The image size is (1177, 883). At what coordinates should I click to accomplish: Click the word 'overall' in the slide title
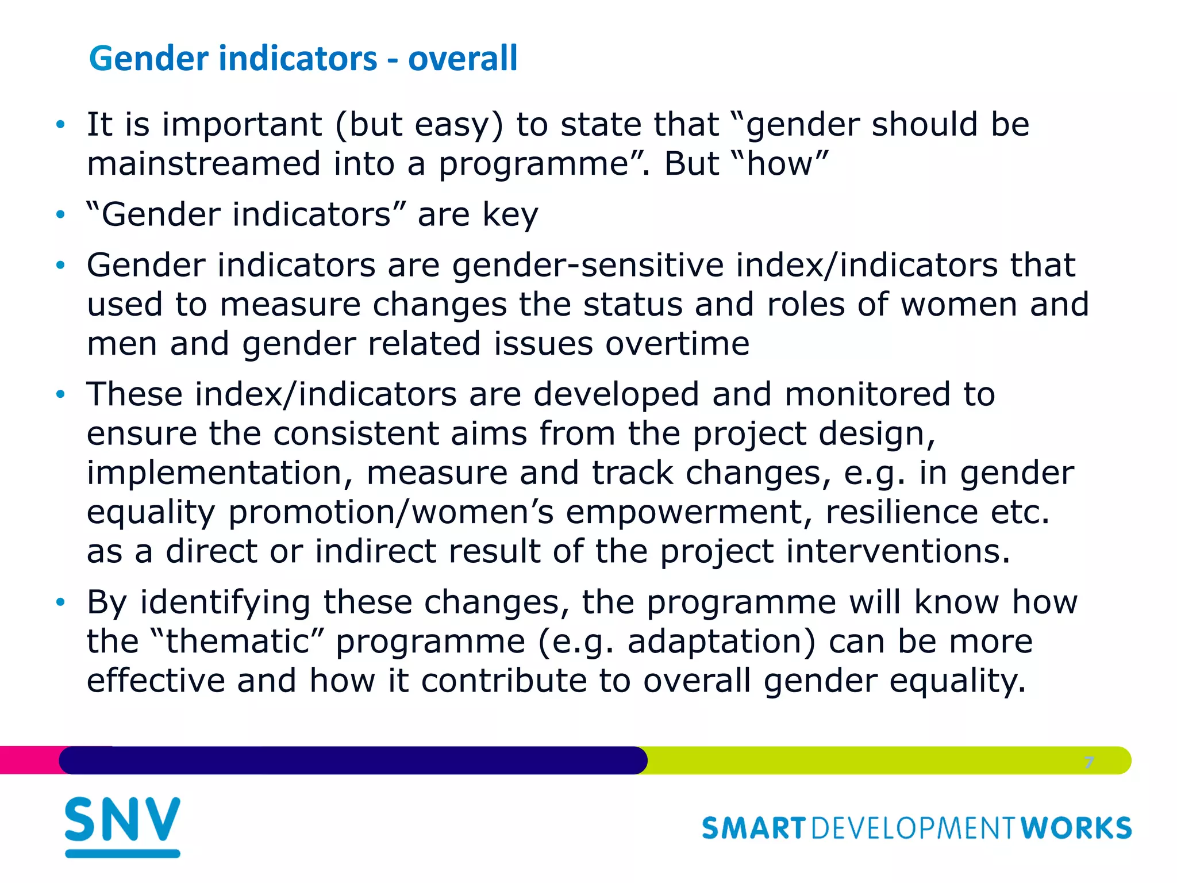tap(463, 59)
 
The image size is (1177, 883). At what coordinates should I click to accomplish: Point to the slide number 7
tap(1088, 762)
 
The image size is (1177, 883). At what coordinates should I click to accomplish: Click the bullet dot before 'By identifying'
tap(60, 602)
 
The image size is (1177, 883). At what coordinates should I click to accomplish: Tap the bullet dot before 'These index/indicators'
tap(60, 395)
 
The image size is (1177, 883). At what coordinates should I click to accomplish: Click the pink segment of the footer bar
tap(29, 760)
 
